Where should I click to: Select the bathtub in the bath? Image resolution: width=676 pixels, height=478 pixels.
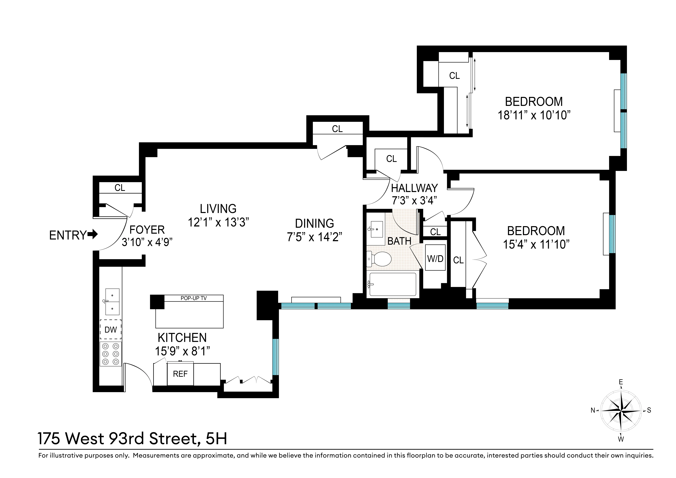pos(393,284)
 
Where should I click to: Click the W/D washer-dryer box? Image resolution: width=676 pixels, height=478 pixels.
pos(435,257)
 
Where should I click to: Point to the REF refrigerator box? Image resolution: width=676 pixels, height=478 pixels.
pos(180,374)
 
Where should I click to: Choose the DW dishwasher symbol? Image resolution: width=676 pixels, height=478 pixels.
pos(111,330)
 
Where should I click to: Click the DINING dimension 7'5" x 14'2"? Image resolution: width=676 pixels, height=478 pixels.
pos(314,236)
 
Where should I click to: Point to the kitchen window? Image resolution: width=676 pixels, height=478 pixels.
pos(275,357)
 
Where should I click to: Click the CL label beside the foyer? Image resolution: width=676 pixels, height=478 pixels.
pos(120,188)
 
